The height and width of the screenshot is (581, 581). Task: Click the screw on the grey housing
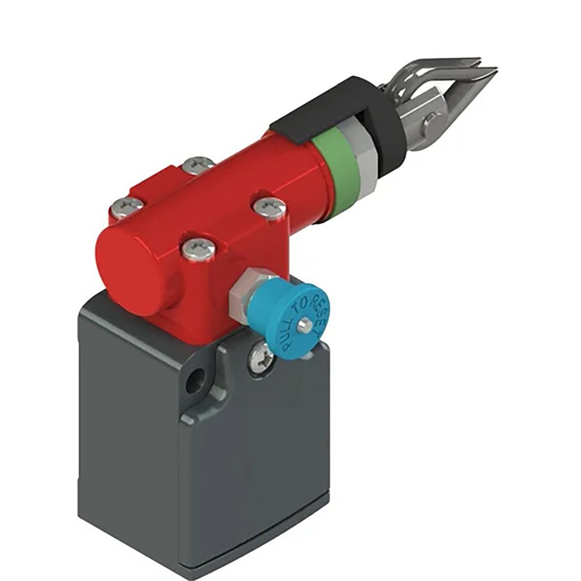pyautogui.click(x=260, y=356)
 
